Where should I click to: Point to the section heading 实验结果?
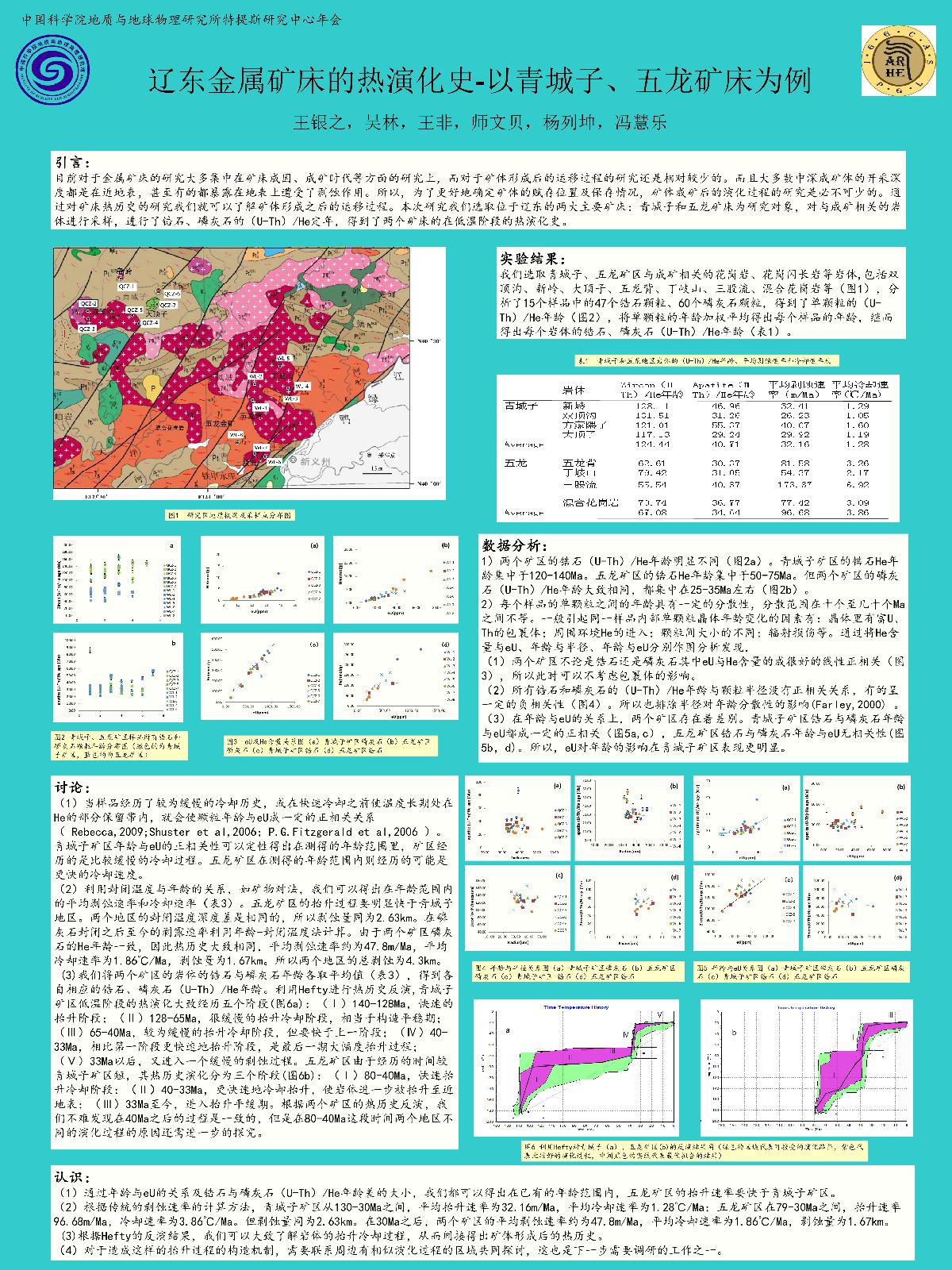coord(532,260)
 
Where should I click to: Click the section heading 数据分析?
coord(514,545)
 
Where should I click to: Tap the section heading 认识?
coord(72,1176)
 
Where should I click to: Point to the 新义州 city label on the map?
coord(312,460)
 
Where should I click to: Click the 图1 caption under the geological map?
coord(229,514)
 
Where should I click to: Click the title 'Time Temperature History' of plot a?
coord(575,1007)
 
